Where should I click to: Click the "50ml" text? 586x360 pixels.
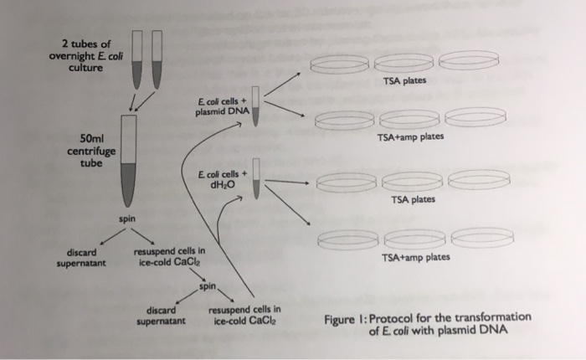point(91,138)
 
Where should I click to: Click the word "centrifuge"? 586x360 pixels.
point(91,152)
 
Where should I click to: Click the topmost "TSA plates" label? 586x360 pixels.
point(405,81)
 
